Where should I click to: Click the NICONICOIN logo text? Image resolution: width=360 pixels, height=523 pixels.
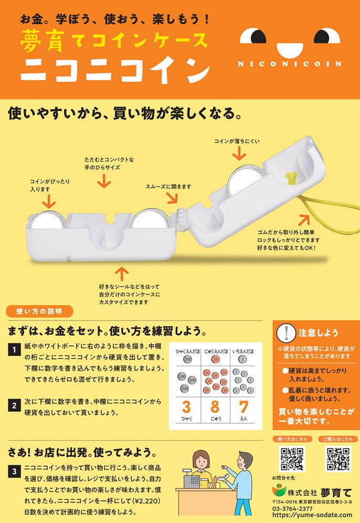[x=290, y=63]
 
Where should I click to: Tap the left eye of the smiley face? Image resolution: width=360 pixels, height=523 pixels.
[x=253, y=36]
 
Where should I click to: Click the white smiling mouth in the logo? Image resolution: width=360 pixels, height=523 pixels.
[x=290, y=50]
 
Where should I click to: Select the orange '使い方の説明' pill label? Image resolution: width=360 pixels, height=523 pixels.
[x=39, y=311]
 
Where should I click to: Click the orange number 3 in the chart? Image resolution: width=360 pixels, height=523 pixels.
[x=186, y=407]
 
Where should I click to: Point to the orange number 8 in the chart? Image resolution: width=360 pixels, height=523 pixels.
[x=215, y=407]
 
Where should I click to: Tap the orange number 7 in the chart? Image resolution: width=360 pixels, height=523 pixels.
[x=243, y=407]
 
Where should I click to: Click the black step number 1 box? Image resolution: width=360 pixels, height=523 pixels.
[x=14, y=350]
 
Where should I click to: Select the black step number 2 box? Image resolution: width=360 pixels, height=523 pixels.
[x=14, y=405]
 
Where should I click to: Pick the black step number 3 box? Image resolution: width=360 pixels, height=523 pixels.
[x=14, y=472]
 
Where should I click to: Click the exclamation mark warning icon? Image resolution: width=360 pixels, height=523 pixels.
[x=286, y=333]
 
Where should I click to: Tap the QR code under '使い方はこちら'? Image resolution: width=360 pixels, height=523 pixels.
[x=292, y=459]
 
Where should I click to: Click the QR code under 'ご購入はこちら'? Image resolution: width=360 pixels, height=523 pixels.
[x=338, y=459]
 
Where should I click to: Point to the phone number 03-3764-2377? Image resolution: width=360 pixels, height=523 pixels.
[x=292, y=509]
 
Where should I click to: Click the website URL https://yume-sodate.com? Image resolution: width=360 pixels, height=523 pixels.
[x=312, y=515]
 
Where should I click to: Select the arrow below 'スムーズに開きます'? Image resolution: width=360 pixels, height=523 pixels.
[x=172, y=198]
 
